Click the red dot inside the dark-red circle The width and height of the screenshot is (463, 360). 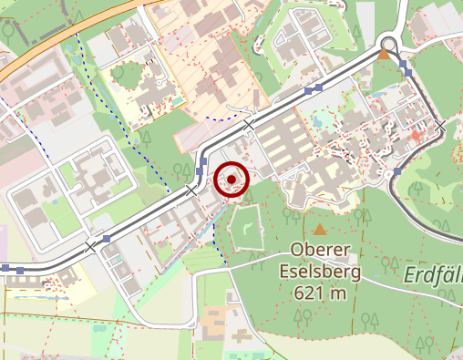(x=231, y=180)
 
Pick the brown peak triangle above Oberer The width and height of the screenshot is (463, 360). (x=319, y=230)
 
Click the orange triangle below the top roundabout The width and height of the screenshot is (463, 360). (x=384, y=56)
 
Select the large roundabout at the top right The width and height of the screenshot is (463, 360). (x=389, y=43)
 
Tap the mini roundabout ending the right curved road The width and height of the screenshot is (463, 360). (x=397, y=171)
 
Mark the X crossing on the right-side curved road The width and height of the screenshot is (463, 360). (x=440, y=125)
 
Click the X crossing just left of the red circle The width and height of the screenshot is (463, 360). (x=190, y=190)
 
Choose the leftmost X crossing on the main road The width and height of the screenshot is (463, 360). (x=91, y=246)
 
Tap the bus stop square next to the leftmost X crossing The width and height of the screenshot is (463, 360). (x=108, y=239)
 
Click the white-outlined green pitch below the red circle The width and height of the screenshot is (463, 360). (x=245, y=226)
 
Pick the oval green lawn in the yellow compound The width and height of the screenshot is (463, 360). (x=118, y=71)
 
